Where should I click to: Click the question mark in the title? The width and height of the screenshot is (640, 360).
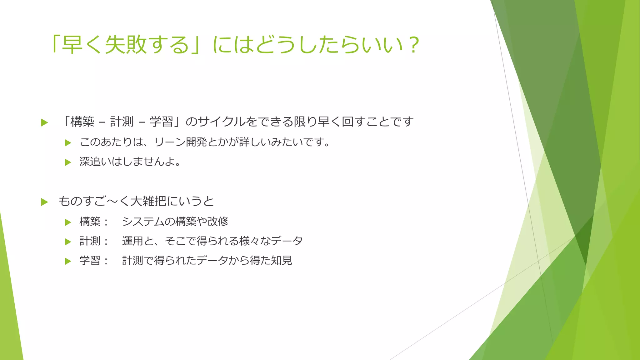[413, 45]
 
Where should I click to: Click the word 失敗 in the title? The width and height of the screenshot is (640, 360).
[126, 45]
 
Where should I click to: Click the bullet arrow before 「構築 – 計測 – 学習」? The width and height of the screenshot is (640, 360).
[44, 122]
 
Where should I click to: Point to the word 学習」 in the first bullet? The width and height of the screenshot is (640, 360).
[165, 122]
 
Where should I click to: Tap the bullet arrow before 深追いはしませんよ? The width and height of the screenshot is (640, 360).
[68, 162]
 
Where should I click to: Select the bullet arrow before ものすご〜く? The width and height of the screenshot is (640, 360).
[44, 202]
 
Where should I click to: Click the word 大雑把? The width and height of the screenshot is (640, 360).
[148, 201]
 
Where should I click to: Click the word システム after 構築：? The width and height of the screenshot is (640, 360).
[143, 222]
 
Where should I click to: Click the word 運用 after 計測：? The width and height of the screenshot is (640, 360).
[132, 241]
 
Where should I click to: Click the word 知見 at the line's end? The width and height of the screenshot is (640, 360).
[282, 260]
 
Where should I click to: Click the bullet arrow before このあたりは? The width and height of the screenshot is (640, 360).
[68, 143]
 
